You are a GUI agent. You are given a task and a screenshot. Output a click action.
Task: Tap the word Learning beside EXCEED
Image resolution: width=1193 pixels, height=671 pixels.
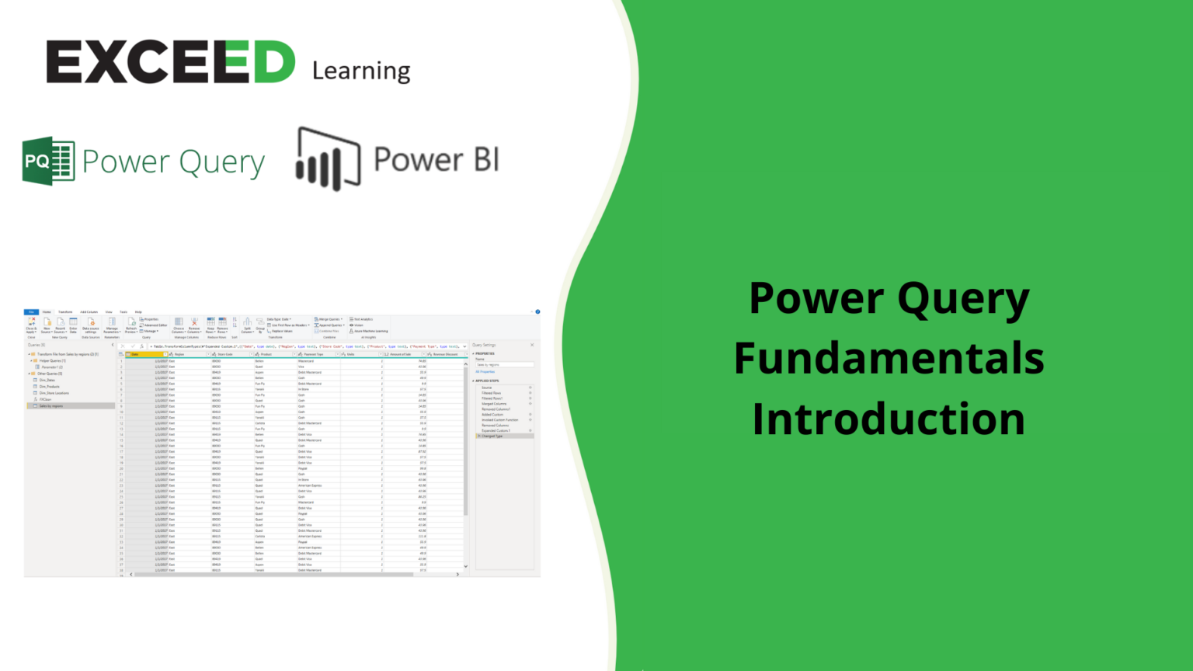pos(361,71)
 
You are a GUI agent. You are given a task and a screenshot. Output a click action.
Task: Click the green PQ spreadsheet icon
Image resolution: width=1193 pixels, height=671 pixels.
pos(48,161)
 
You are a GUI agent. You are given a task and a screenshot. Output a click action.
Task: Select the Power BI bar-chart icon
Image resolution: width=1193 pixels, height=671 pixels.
pos(328,159)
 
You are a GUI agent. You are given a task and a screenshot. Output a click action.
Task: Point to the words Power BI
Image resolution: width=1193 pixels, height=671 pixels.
pos(436,159)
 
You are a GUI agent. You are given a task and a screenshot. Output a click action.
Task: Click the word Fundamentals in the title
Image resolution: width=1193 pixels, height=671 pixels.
pos(889,358)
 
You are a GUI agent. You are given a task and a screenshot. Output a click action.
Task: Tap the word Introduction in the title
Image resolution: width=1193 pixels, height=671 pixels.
pos(889,419)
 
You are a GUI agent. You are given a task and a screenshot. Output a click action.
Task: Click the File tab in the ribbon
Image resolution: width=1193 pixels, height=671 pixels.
pos(31,312)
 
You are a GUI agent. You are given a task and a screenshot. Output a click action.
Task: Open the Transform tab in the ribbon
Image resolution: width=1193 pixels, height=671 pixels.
pos(65,312)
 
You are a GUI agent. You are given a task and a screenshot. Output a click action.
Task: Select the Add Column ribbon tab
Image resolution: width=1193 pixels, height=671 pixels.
pos(89,312)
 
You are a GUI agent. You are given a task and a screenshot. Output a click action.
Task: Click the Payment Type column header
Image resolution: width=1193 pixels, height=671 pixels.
pos(314,354)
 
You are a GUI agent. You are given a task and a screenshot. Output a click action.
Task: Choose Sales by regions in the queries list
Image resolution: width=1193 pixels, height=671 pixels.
pos(51,406)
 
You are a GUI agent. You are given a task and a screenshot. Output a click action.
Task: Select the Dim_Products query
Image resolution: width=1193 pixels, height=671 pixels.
pos(50,387)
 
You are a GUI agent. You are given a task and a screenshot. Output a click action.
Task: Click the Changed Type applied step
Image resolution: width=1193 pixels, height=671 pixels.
pos(492,436)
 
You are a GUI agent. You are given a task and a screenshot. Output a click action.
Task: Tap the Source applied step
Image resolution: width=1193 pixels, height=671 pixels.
pos(487,388)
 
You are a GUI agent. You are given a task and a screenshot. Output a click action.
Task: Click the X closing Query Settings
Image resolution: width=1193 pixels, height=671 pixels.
pos(532,345)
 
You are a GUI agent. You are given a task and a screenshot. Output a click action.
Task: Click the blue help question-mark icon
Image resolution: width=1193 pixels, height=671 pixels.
pos(537,312)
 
